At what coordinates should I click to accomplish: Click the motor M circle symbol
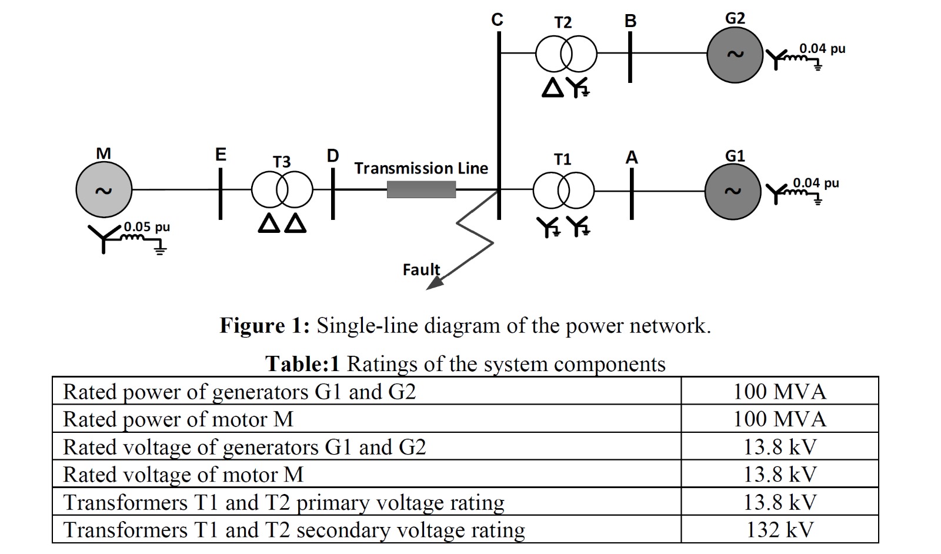pos(104,190)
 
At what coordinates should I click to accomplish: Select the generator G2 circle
pos(735,54)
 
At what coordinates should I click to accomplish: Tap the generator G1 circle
pos(733,191)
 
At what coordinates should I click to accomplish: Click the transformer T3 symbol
pos(282,190)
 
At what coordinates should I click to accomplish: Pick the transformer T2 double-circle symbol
pos(566,54)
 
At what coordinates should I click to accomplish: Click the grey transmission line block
pos(421,189)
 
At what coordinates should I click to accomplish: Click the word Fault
pos(421,269)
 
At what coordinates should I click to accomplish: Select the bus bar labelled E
pos(221,194)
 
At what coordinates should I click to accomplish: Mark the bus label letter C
pos(497,20)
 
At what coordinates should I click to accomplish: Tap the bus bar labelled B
pos(630,56)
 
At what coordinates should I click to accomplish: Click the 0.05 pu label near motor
pos(146,227)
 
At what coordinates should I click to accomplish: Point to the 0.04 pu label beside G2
pos(822,48)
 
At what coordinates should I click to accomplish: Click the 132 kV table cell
pos(779,530)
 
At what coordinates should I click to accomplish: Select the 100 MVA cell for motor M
pos(779,419)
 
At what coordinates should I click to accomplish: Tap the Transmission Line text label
pos(421,168)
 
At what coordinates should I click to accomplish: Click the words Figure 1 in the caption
pos(264,325)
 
